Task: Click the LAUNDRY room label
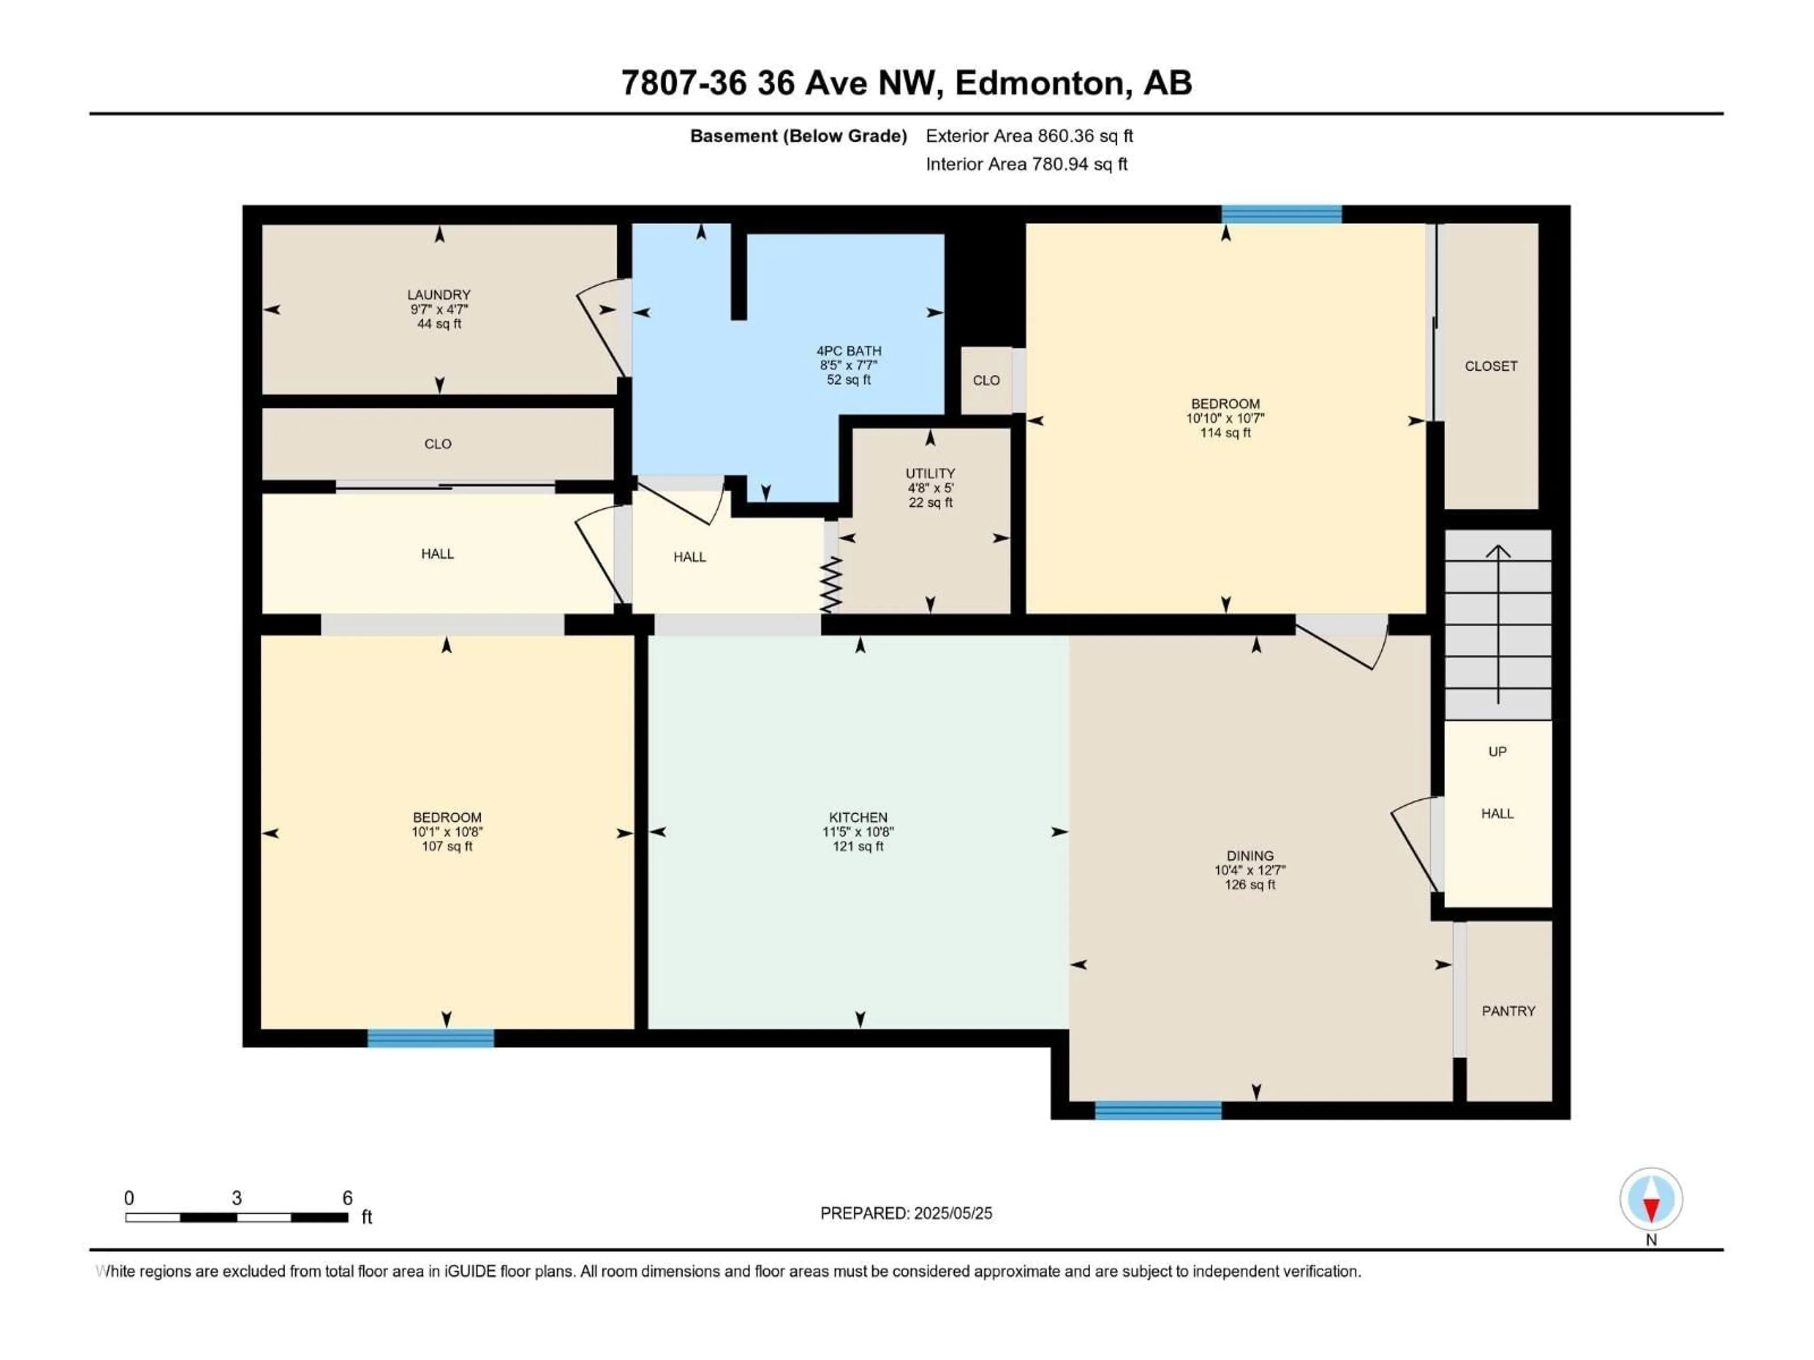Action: coord(439,294)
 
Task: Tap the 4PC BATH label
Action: coord(849,351)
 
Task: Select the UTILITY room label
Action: coord(930,473)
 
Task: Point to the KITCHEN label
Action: coord(858,817)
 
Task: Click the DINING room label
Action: coord(1250,856)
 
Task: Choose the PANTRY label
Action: coord(1508,1011)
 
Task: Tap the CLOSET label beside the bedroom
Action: coord(1491,366)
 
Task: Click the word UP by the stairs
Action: coord(1497,752)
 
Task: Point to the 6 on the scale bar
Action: coord(347,1198)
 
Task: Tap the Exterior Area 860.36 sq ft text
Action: coord(1029,136)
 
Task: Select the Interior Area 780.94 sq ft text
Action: coord(1027,164)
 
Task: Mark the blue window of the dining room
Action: coord(1158,1110)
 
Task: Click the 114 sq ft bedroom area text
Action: coord(1225,433)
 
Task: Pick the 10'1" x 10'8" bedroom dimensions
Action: coord(447,831)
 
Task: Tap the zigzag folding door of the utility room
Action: coord(831,585)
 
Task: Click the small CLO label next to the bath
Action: coord(986,380)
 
